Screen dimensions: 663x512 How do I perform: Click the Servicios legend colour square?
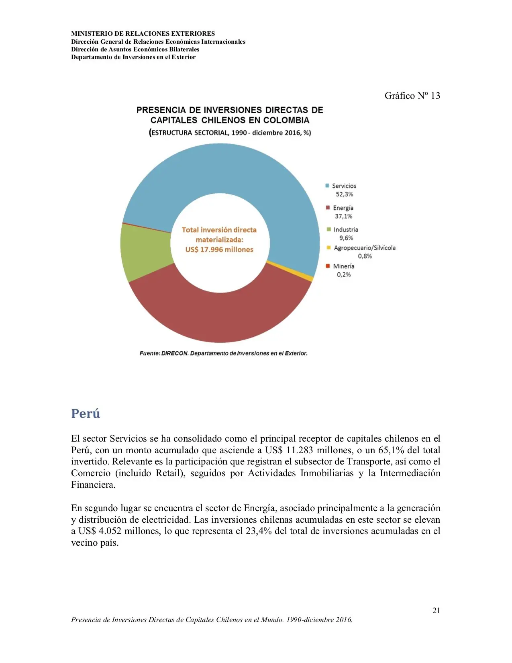tap(327, 186)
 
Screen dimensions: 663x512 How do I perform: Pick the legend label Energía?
tap(343, 208)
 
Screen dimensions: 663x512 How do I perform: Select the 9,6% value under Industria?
tap(346, 238)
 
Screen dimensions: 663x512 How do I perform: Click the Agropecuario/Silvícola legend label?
tap(365, 248)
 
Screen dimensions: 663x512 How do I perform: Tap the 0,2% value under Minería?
tap(344, 274)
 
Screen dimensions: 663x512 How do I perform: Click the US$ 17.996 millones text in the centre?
tap(219, 250)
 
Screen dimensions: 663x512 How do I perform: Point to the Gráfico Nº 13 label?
tap(412, 96)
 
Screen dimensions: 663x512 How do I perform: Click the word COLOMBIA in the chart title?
tap(286, 120)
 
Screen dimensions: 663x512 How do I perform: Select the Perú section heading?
tap(86, 413)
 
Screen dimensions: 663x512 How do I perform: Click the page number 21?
tap(436, 610)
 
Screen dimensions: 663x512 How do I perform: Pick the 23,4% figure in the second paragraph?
tap(259, 531)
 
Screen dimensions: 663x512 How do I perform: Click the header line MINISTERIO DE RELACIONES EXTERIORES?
tap(143, 34)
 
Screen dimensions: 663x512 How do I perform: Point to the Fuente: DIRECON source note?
tap(223, 353)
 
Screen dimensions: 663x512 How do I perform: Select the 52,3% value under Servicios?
tap(345, 194)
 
